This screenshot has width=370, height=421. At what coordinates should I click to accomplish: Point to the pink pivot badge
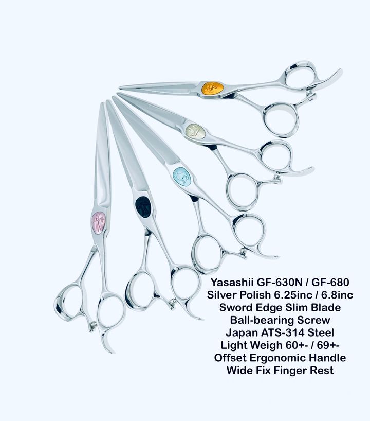[x=98, y=222]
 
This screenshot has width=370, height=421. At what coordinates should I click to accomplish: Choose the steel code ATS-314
[x=283, y=332]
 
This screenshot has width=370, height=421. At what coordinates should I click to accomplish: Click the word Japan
[x=242, y=333]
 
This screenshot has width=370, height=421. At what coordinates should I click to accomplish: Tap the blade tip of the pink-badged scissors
[x=102, y=103]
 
